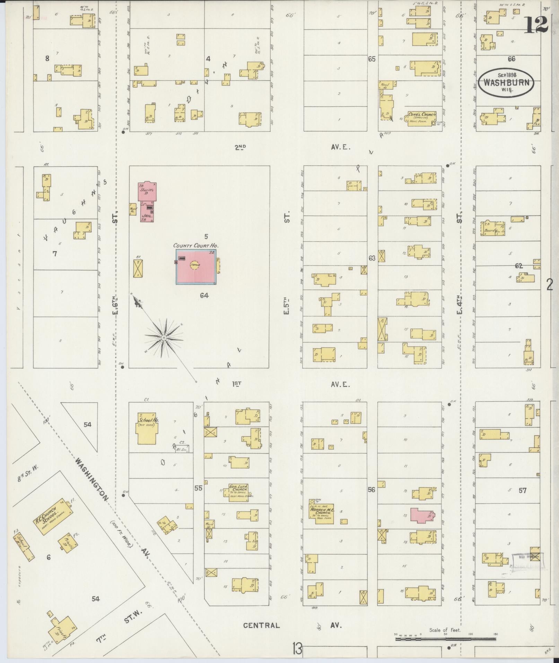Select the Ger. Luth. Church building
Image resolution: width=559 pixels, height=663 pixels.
239,490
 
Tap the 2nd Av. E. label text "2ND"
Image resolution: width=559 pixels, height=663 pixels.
240,147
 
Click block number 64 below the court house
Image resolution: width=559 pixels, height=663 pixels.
204,295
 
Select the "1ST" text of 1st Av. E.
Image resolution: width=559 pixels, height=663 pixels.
237,384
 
